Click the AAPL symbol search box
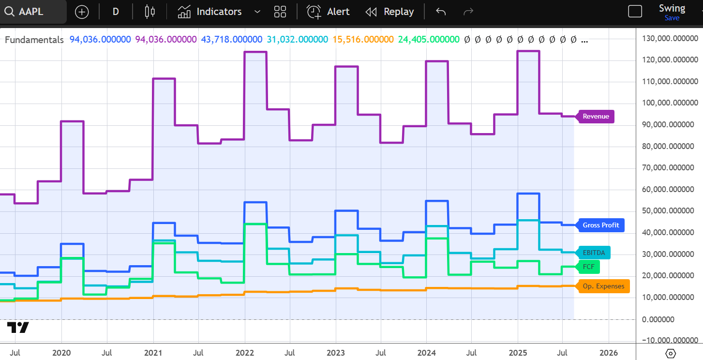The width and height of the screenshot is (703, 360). point(32,12)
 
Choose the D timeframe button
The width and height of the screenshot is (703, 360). point(116,12)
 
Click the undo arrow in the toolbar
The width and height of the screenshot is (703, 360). point(441,12)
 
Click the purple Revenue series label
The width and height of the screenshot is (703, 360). point(596,117)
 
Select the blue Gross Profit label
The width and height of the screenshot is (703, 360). point(601,225)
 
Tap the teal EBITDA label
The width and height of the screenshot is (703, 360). point(594,253)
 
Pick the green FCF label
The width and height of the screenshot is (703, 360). point(588,267)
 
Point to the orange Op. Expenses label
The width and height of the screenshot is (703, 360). point(603,286)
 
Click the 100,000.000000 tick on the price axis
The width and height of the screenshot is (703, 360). point(670,103)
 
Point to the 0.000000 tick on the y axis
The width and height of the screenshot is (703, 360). point(658,319)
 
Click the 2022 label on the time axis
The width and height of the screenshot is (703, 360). point(245,353)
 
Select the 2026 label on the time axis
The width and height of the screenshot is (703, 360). point(609,353)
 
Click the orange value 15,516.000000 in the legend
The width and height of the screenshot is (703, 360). point(363,40)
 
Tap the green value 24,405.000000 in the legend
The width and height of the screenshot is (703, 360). point(429,40)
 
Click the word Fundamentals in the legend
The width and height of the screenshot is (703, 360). point(34,40)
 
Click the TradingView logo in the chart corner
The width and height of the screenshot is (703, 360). point(18,328)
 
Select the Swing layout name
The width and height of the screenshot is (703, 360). point(672,9)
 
